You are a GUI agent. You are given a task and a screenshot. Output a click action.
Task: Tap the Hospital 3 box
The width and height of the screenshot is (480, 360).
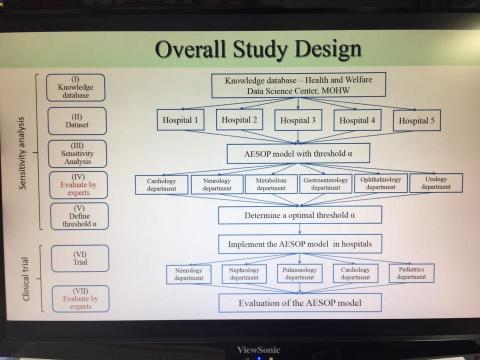[x=300, y=121]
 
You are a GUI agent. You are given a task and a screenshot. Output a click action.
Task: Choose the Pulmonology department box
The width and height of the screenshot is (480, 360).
[x=300, y=272]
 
